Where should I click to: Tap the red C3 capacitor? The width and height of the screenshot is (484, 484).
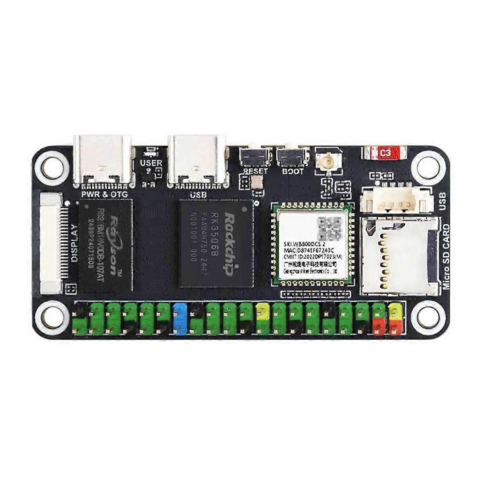pyautogui.click(x=386, y=153)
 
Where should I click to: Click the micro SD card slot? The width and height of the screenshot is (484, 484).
pyautogui.click(x=399, y=254)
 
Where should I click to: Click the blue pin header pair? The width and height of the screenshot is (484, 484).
pyautogui.click(x=179, y=319)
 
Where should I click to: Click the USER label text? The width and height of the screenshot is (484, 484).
pyautogui.click(x=151, y=163)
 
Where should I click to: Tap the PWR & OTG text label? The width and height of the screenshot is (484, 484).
pyautogui.click(x=104, y=195)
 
